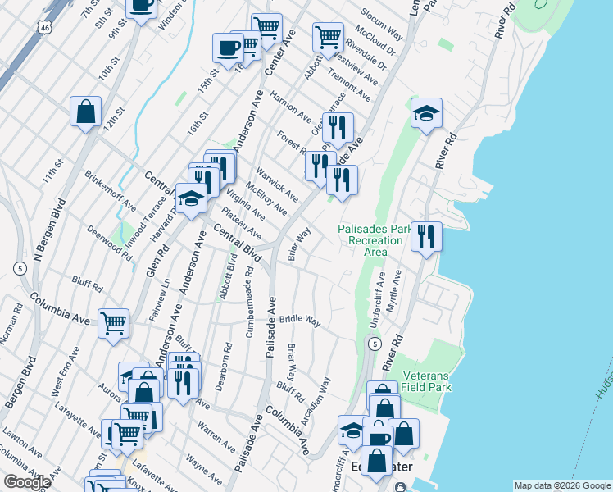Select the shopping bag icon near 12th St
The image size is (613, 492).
85,112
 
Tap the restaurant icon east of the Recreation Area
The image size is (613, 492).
425,236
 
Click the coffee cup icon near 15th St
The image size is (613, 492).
227,46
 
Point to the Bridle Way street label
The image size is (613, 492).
300,319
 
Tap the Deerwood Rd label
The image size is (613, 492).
109,244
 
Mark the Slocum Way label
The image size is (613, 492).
384,27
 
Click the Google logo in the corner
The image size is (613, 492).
26,482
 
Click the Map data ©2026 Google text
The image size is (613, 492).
562,485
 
